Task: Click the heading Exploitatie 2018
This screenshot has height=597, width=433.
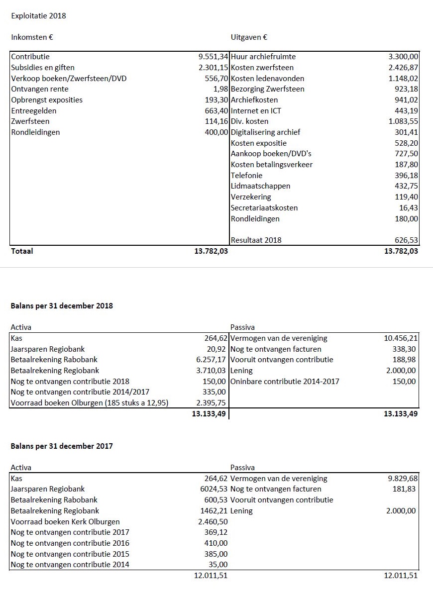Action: point(38,15)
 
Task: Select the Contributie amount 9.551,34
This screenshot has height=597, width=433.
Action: point(213,57)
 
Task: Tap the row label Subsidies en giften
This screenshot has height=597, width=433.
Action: point(43,68)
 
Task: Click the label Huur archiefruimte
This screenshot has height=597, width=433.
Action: point(263,57)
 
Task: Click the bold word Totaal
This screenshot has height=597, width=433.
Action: point(22,251)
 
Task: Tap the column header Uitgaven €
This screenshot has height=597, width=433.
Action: point(249,37)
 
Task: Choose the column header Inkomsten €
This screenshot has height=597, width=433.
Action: point(32,37)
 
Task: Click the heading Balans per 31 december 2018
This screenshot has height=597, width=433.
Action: point(62,306)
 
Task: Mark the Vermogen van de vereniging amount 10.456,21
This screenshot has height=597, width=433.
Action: point(398,338)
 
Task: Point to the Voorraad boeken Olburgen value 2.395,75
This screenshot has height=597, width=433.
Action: point(212,403)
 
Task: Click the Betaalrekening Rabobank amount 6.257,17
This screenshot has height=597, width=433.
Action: point(212,360)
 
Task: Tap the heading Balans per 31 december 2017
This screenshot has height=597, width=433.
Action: point(62,446)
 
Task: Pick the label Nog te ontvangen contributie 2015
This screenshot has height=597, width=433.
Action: point(70,554)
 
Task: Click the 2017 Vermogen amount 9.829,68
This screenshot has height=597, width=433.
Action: point(403,479)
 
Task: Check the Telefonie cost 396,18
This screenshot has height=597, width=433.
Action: point(405,176)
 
